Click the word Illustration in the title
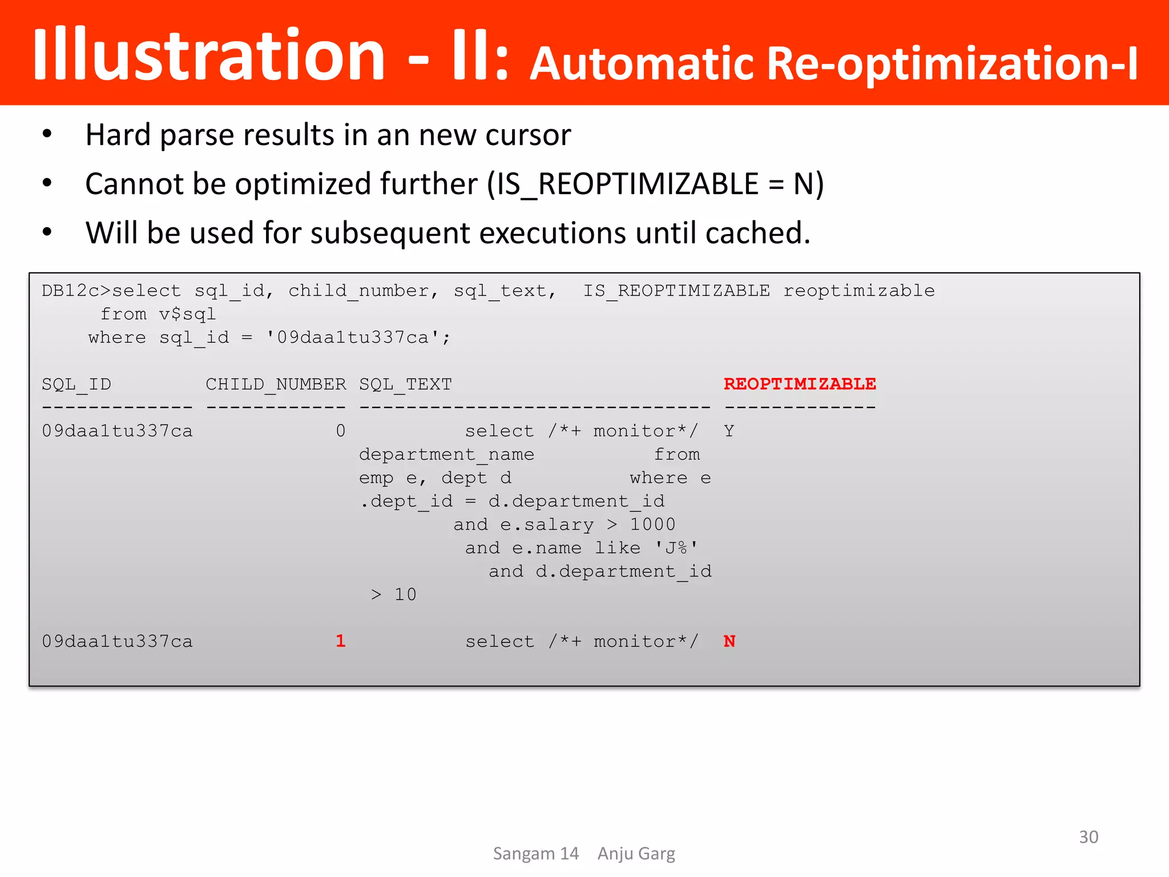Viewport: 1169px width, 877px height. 209,56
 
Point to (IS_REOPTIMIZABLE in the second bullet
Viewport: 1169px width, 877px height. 623,184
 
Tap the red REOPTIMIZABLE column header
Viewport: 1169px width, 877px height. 800,384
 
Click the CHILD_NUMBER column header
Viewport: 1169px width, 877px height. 276,384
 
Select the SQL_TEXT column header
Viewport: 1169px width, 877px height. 405,384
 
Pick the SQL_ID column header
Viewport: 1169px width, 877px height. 76,384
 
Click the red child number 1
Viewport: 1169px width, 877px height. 340,641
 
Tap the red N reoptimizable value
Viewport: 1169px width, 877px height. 729,641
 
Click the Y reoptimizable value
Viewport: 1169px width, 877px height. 729,431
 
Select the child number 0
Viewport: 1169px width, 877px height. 340,431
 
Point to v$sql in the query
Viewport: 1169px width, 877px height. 187,315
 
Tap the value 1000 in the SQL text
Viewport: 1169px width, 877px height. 652,525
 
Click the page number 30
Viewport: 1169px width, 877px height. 1089,837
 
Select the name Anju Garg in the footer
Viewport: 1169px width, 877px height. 636,854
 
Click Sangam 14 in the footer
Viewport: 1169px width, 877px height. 535,854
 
